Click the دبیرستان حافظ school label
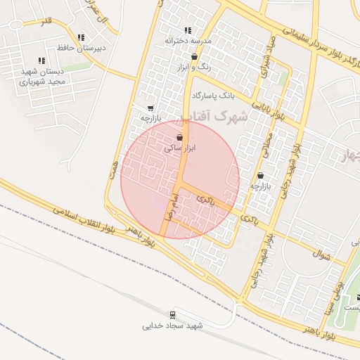(84, 48)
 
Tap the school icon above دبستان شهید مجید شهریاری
(41, 60)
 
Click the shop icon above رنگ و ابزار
(193, 56)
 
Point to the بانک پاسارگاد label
(212, 94)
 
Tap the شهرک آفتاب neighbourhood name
(215, 117)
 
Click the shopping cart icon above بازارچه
(150, 108)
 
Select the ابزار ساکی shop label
(179, 148)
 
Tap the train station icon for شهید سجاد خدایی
(172, 314)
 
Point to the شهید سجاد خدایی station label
(172, 326)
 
